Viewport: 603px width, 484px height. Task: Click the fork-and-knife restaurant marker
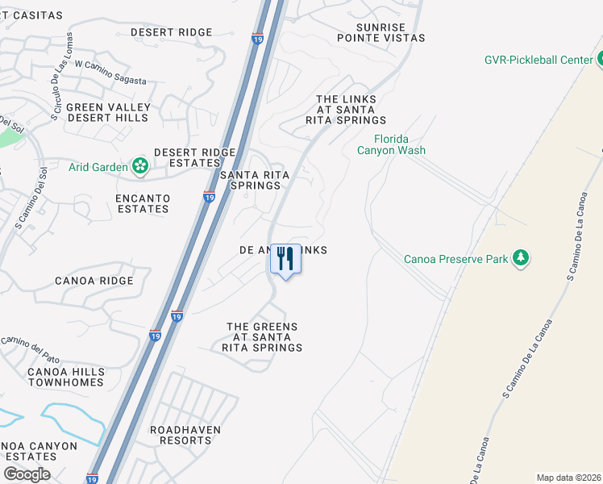click(x=285, y=260)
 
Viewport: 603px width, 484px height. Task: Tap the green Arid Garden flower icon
click(x=140, y=167)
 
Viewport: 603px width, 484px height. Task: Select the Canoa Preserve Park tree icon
click(x=522, y=258)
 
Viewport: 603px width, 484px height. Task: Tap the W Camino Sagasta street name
click(x=112, y=79)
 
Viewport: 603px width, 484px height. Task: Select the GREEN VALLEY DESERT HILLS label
click(x=108, y=112)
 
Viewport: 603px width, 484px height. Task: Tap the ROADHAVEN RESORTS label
click(x=185, y=435)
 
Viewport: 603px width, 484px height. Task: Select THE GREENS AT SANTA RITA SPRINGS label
click(x=262, y=337)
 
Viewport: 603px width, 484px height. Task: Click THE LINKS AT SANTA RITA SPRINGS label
click(x=346, y=109)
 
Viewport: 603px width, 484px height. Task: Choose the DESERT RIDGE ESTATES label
click(x=194, y=157)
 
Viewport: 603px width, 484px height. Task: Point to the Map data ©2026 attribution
click(x=568, y=478)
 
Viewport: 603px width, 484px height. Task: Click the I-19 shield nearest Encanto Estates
click(x=209, y=197)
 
